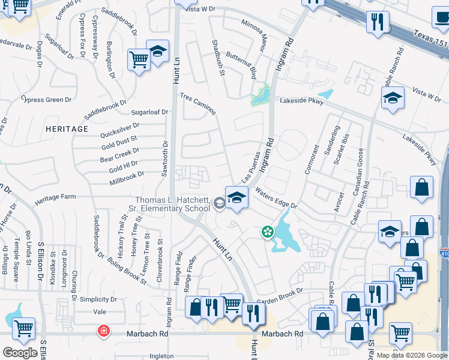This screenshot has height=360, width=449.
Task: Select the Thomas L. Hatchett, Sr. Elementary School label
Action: [172, 204]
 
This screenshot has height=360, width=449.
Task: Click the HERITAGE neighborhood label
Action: [67, 129]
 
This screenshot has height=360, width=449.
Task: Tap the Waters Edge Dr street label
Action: [276, 198]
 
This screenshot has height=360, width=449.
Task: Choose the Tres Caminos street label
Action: [198, 104]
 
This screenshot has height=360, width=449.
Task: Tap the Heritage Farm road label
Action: [55, 197]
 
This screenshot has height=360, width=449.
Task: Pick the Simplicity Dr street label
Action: [98, 299]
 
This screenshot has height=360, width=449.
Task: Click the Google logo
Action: [20, 353]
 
